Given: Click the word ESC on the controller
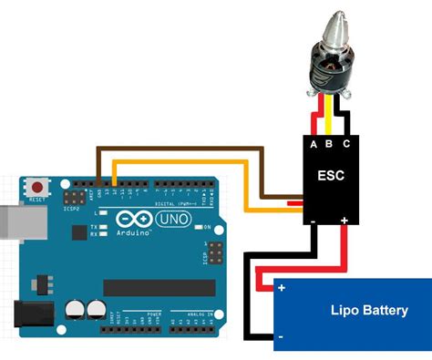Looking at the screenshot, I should coord(331,176).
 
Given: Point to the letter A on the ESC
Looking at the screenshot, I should coord(314,143).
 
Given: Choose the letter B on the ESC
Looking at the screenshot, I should coord(330,143).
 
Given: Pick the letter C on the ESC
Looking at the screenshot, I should coord(345,143).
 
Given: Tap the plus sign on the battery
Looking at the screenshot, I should coord(282,289).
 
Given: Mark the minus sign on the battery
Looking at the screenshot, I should coord(281,337).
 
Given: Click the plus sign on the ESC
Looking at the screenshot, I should coord(345,220).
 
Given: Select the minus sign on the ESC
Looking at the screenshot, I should coord(313,220).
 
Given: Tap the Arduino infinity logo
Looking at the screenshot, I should coord(129,220).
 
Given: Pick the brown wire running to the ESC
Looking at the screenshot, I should coord(182,147).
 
